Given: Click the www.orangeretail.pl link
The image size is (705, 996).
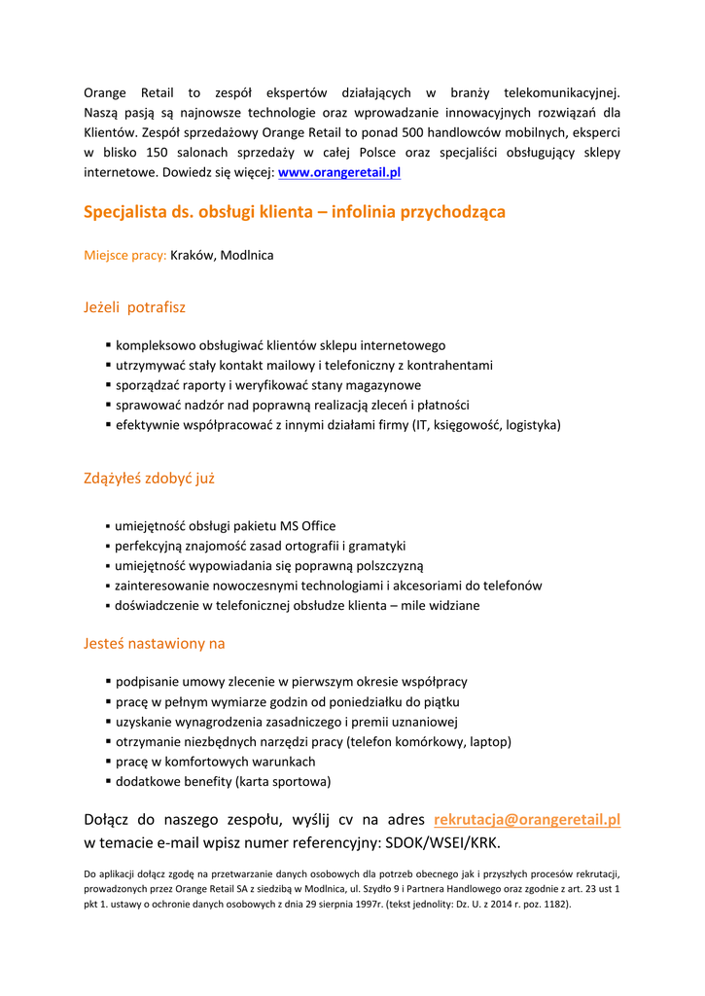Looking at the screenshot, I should click(339, 172).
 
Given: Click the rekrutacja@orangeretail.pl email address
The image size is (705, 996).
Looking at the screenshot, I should click(526, 819).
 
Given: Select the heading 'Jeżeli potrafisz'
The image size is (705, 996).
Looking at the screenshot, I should click(134, 307).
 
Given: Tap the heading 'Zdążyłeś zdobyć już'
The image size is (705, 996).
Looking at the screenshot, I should click(149, 478).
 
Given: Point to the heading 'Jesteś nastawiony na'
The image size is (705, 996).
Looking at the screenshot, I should click(154, 643).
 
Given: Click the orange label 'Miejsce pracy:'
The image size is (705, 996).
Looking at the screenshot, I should click(124, 255).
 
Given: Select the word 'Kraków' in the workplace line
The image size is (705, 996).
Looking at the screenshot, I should click(192, 255).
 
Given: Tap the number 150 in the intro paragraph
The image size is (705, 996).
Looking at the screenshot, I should click(157, 152).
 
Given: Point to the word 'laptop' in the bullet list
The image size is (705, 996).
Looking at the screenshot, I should click(488, 741).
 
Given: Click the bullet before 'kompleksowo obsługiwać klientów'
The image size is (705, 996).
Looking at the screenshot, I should click(108, 344).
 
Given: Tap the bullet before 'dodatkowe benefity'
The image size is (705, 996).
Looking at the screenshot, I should click(108, 781).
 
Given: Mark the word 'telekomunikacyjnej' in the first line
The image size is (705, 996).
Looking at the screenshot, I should click(561, 92).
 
